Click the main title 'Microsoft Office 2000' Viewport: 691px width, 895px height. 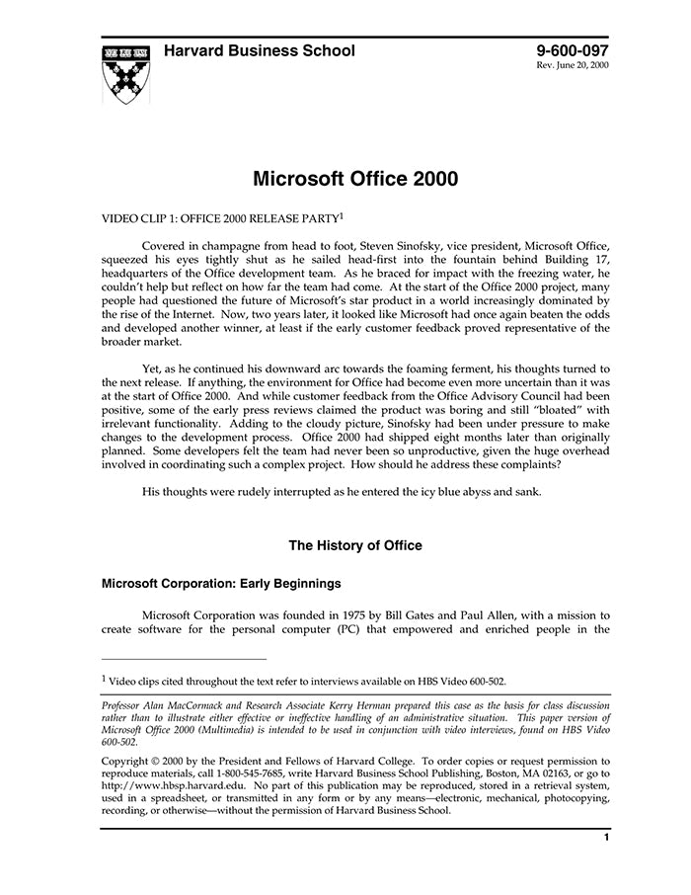(x=355, y=180)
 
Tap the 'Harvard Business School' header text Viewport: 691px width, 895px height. (x=259, y=51)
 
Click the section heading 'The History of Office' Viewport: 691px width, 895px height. (x=354, y=545)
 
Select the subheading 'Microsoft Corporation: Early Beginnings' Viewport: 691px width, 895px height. (x=221, y=583)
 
